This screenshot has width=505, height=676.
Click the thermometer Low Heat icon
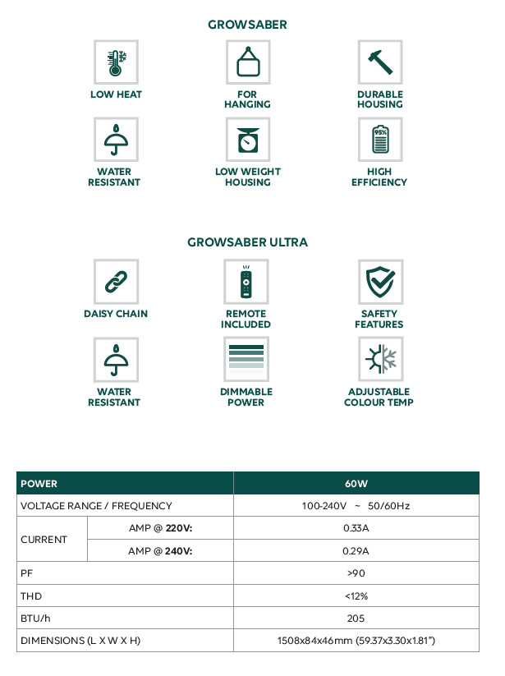point(116,62)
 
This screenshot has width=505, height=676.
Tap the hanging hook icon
point(247,62)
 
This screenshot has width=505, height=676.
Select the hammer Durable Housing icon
point(379,62)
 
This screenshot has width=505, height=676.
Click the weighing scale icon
point(247,140)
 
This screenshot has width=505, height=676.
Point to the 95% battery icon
point(379,140)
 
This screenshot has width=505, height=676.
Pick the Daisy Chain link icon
point(116,282)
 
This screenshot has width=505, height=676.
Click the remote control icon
point(246,282)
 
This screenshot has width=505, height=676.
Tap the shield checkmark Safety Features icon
point(379,282)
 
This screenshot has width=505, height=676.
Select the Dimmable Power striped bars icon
point(246,359)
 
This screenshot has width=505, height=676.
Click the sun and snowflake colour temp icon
point(379,359)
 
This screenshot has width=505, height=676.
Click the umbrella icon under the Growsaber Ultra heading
point(116,359)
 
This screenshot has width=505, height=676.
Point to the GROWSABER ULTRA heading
point(248,242)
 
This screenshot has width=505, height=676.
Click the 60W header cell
point(356,484)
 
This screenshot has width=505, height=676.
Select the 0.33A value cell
point(356,528)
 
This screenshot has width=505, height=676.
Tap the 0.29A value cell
point(356,550)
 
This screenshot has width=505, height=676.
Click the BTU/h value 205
point(356,618)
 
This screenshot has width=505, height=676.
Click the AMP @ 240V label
point(160,550)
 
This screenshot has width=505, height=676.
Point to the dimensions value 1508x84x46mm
point(356,640)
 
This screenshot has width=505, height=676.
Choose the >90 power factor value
point(356,573)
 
